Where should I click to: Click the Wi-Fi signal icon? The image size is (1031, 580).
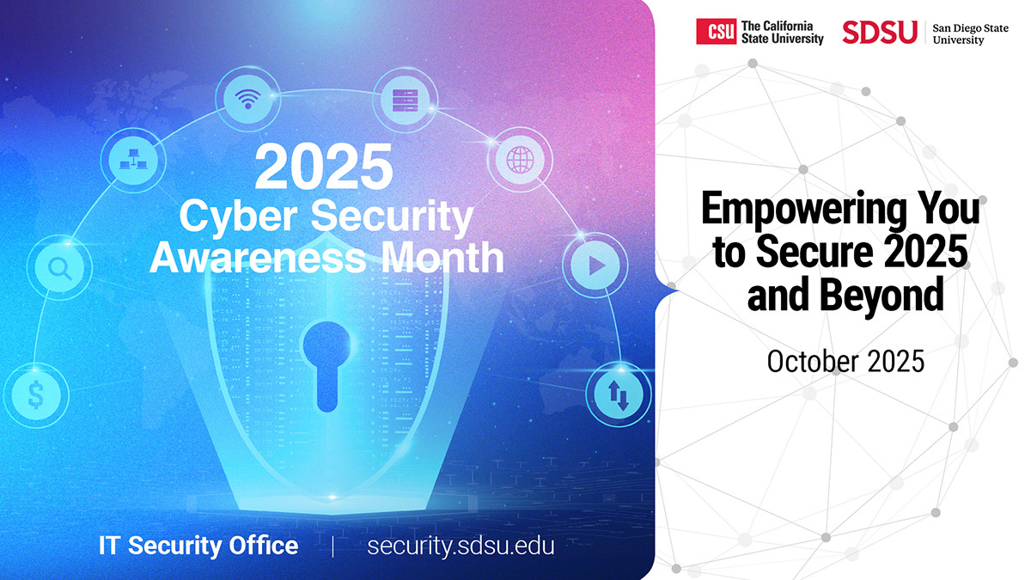coord(248,99)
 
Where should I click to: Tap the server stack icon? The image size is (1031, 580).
coord(405,101)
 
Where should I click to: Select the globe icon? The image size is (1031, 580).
coord(520,160)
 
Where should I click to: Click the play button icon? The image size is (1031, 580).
coord(597,266)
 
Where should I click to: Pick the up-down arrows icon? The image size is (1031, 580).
coord(619,395)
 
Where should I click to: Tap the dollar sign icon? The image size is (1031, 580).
coord(36,395)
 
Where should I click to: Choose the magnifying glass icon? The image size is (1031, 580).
coord(60,268)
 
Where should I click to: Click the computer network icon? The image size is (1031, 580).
coord(133,159)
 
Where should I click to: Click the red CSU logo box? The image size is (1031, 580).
coord(716,31)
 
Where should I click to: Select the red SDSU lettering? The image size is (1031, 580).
coord(880,33)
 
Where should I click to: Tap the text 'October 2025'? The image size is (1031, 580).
coord(845,362)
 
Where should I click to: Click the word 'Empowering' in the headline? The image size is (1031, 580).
coord(803,210)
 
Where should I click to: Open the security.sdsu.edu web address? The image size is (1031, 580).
coord(461,546)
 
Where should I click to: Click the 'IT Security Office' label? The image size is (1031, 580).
coord(198,546)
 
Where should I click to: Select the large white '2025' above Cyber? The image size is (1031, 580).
coord(324,166)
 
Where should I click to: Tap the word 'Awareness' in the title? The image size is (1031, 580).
coord(258,258)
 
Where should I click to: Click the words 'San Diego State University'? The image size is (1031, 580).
coord(970,34)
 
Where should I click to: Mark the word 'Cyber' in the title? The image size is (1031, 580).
coord(238,217)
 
